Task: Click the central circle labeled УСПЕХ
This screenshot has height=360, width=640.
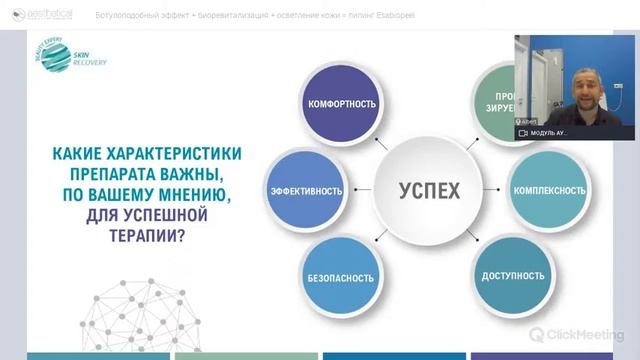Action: coord(429,190)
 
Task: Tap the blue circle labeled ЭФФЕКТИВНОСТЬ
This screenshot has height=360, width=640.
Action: coord(306,190)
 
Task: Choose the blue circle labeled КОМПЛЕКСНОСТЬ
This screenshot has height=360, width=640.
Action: coord(548,190)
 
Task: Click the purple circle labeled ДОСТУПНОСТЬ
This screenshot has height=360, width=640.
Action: coord(512,275)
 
